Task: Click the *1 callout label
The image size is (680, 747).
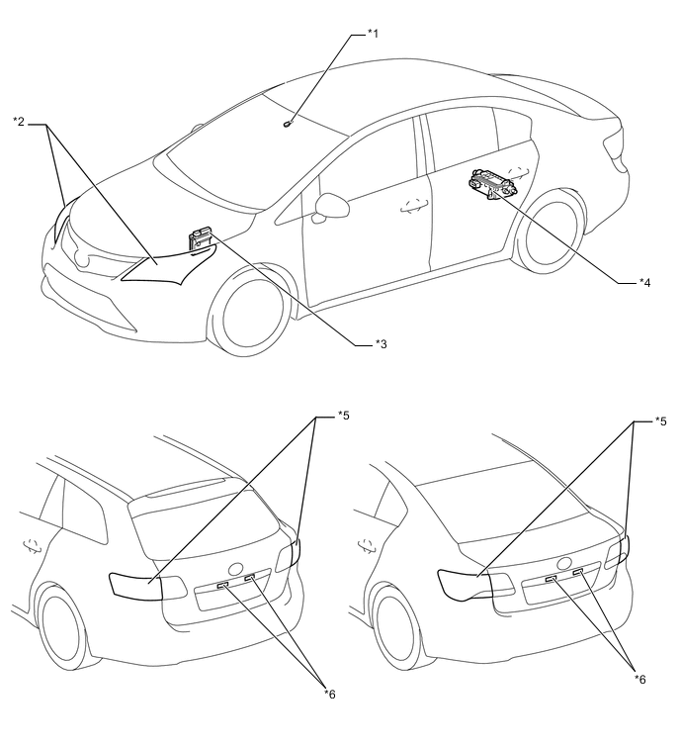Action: [x=373, y=34]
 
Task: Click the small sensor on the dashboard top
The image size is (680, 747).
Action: [x=287, y=124]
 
